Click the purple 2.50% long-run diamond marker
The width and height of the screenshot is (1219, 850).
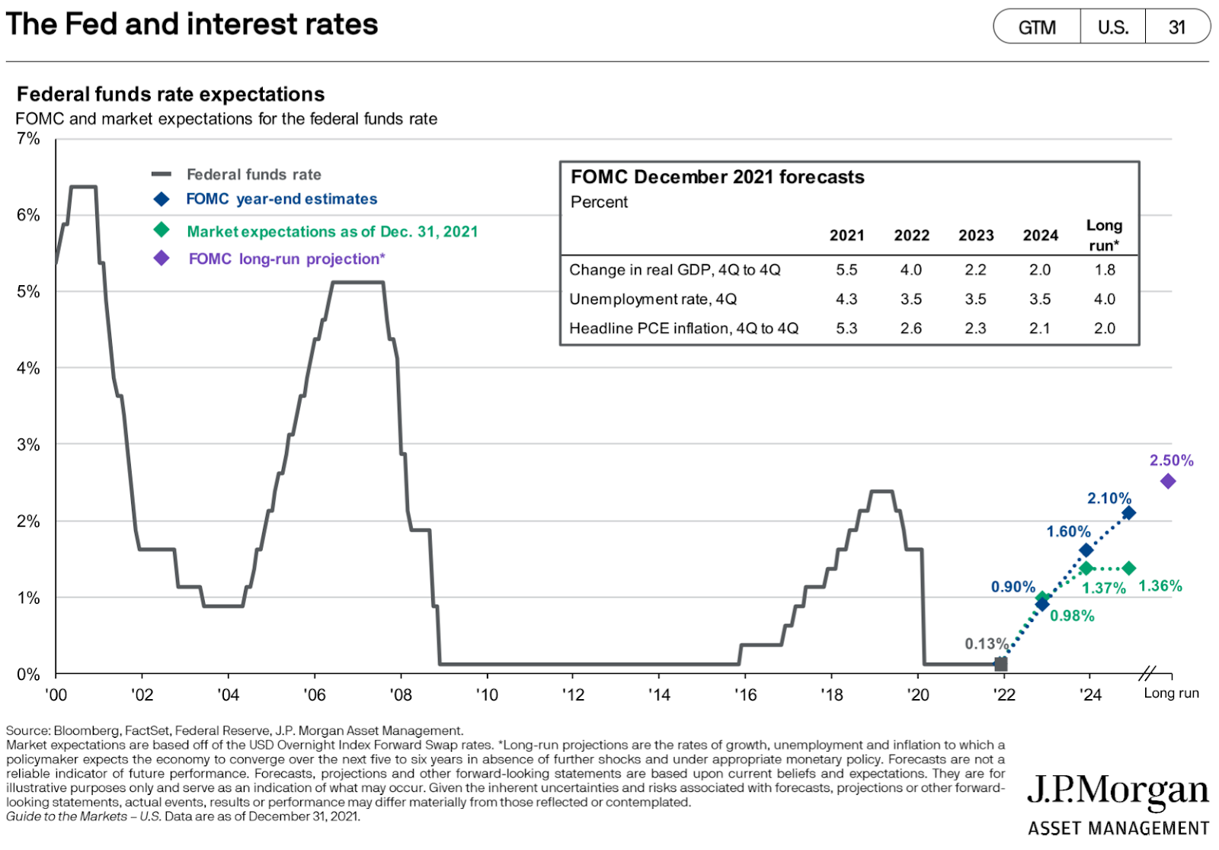pos(1167,481)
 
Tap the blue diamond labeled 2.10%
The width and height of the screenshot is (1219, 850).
pos(1128,512)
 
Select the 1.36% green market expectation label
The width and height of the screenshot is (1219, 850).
pos(1160,585)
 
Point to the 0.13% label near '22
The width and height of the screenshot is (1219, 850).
pos(986,643)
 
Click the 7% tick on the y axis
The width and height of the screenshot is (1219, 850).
pos(28,139)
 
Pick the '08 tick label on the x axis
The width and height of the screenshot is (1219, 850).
pos(401,694)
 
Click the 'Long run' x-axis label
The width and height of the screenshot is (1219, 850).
pos(1171,693)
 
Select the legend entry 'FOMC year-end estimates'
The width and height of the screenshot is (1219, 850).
pos(281,199)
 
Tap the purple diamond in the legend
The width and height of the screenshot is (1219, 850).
pos(162,258)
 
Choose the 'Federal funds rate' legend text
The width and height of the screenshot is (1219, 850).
pos(254,175)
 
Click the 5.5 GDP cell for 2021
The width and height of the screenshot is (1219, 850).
pos(846,270)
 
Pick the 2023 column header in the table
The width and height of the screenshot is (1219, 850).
pos(976,236)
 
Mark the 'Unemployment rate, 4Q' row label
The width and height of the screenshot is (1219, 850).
pos(653,299)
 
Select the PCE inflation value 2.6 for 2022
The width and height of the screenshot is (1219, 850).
pos(911,329)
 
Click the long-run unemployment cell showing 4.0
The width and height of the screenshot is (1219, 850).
pos(1105,299)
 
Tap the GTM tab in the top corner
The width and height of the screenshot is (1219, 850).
pos(1037,27)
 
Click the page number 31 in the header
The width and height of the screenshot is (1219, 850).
pos(1177,27)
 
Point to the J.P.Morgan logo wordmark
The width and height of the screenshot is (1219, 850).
pos(1118,793)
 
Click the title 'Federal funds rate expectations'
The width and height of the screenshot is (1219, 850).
pos(171,95)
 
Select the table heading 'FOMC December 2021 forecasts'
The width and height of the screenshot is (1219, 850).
pos(718,177)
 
